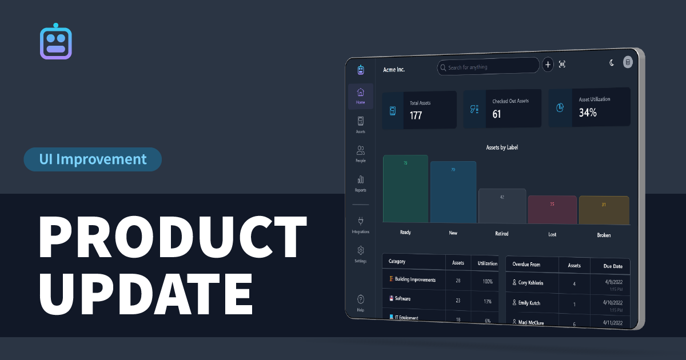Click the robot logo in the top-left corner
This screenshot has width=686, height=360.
[x=56, y=42]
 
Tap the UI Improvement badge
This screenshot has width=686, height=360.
[x=93, y=159]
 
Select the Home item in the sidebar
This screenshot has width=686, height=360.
[x=360, y=95]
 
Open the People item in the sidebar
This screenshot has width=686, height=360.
[x=360, y=154]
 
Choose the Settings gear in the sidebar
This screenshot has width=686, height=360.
[x=360, y=253]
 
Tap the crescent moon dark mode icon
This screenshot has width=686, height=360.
[x=611, y=63]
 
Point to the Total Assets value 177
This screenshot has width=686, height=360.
[x=416, y=115]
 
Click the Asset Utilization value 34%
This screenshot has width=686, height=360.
[x=587, y=113]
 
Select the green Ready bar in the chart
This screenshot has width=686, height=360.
[x=405, y=189]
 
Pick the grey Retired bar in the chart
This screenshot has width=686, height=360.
[x=502, y=206]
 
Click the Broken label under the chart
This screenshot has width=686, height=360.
[x=604, y=235]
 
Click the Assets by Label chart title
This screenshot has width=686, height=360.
[x=501, y=147]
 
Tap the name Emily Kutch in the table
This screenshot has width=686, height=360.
[x=529, y=303]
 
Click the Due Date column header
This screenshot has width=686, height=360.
[x=613, y=266]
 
